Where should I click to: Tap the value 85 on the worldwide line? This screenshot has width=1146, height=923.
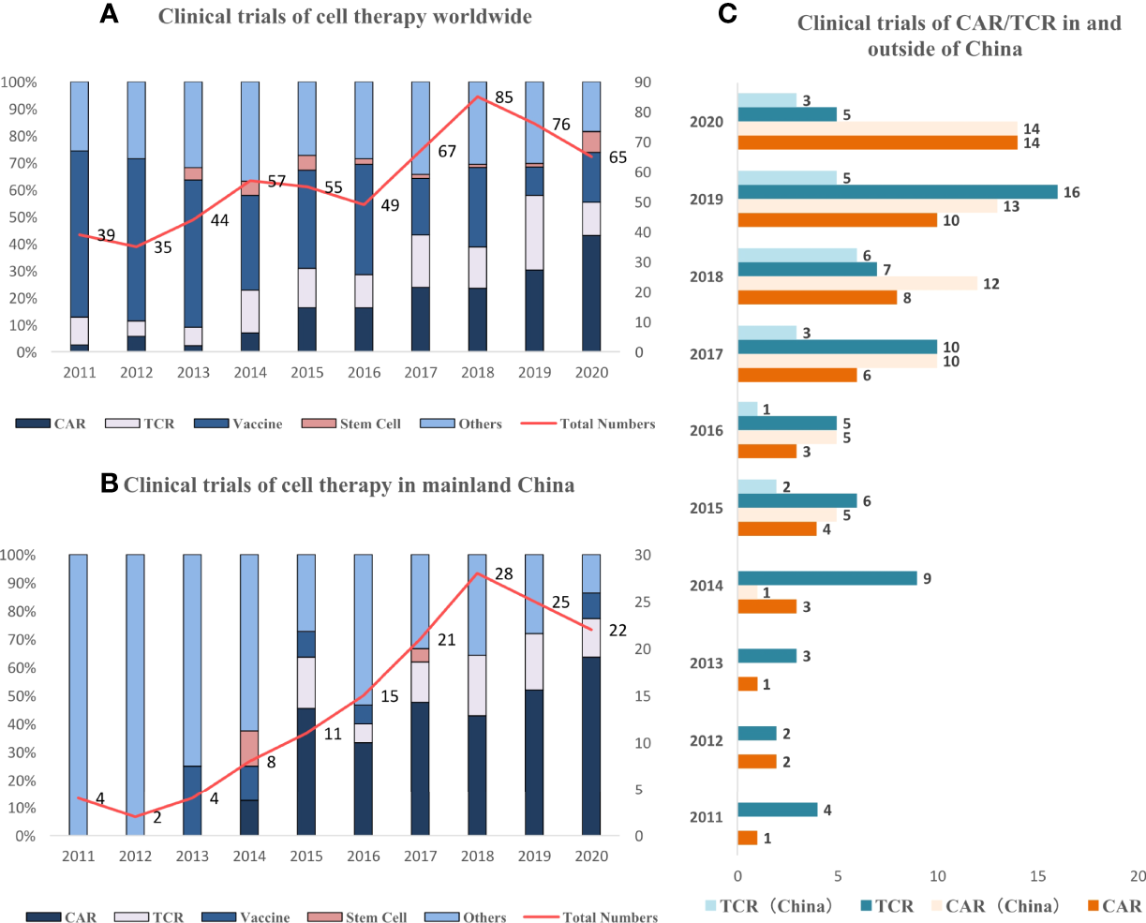tap(503, 97)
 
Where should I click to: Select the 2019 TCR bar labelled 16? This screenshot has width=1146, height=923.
tap(897, 192)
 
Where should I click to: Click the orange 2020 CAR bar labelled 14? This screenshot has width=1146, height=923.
tap(877, 142)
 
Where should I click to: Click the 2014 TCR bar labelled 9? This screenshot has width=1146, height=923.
tap(827, 578)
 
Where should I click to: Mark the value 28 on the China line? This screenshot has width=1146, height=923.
tap(503, 573)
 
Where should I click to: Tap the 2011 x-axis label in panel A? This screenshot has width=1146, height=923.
tap(80, 372)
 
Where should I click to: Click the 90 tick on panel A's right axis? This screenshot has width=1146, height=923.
tap(644, 82)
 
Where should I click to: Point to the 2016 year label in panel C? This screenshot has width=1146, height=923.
tap(706, 431)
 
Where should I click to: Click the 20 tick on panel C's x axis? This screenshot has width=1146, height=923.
tap(1137, 875)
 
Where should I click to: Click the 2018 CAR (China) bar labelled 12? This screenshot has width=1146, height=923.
tap(857, 283)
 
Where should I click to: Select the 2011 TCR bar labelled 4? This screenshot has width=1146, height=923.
tap(778, 810)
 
